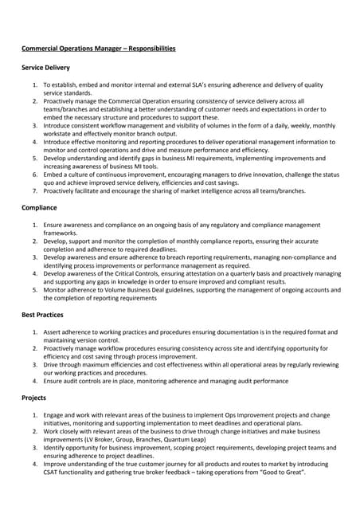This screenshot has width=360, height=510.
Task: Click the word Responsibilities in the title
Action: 147,49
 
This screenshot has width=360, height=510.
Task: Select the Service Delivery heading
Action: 45,69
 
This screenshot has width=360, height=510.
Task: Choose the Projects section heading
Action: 35,397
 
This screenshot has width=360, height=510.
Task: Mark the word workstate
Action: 59,134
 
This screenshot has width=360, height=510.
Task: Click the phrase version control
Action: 99,339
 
